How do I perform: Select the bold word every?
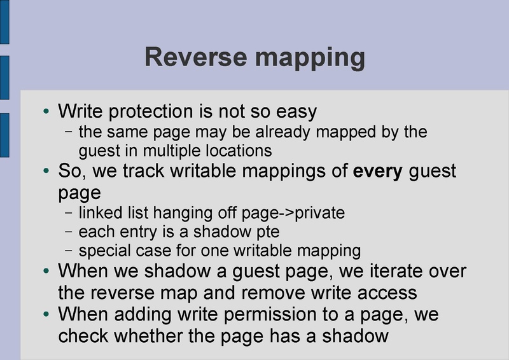(x=377, y=172)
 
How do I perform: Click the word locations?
(x=244, y=151)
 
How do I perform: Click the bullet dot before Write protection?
(x=46, y=113)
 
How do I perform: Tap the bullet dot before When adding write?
(x=46, y=314)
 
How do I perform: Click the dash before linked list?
(x=69, y=212)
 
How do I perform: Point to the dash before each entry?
(x=69, y=232)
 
